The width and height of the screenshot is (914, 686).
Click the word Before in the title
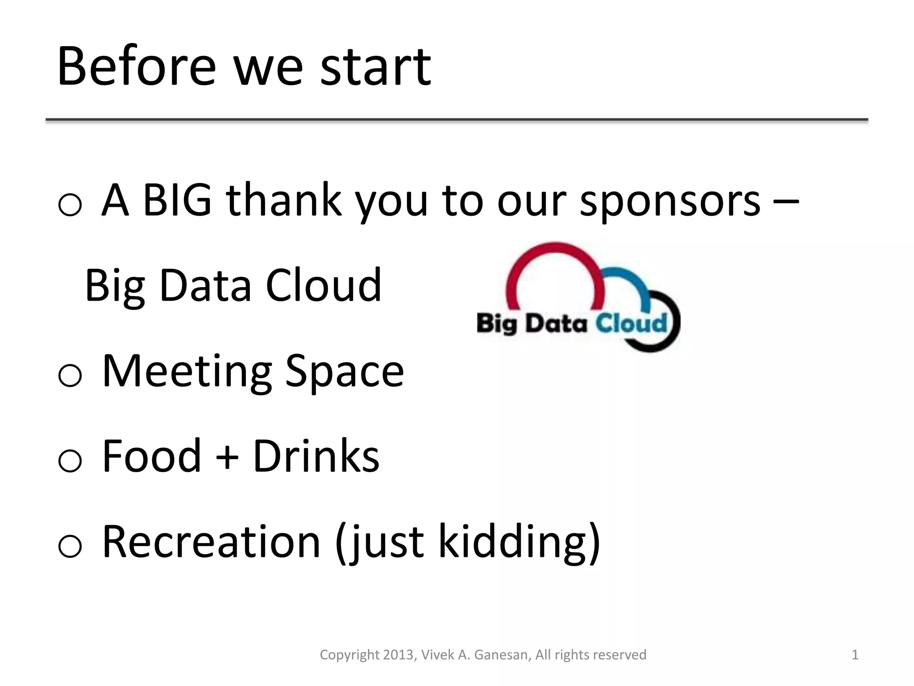point(137,67)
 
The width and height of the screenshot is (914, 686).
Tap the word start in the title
point(375,67)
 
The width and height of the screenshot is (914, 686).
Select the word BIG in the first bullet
point(177,201)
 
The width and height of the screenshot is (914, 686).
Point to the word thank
point(283,201)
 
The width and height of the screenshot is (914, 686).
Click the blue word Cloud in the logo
point(631,323)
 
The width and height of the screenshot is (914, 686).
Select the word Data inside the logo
point(556,323)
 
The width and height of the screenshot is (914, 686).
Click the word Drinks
point(316,456)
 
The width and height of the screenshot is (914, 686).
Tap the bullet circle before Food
point(70,461)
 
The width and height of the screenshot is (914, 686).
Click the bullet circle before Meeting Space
point(70,375)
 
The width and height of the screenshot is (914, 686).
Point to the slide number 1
point(855,655)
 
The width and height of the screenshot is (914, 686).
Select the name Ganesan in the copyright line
point(502,655)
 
